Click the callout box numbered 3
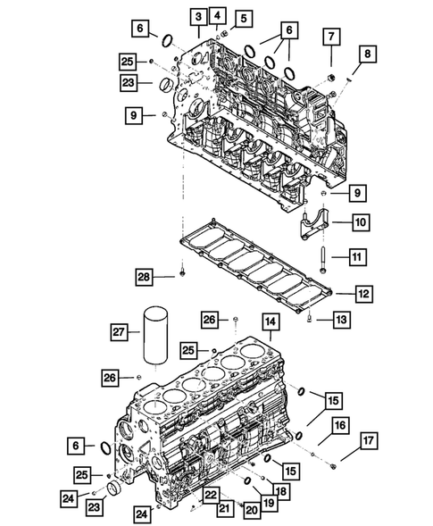[x=196, y=15]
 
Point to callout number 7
[x=331, y=37]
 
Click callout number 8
[x=366, y=54]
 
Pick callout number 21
[x=226, y=508]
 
